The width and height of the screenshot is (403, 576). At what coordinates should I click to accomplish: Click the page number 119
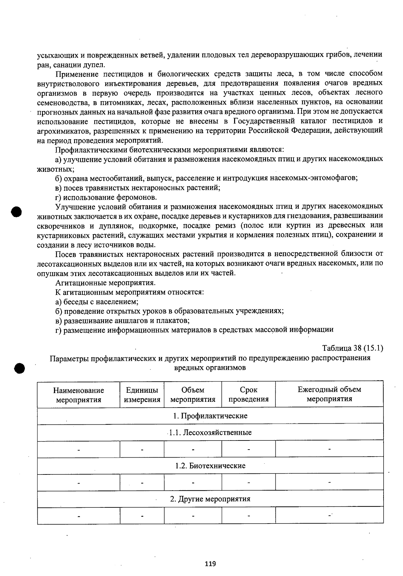tap(210, 564)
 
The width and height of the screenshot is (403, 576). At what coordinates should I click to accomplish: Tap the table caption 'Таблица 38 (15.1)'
tap(352, 348)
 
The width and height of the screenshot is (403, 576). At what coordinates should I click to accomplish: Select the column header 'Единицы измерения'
tap(142, 395)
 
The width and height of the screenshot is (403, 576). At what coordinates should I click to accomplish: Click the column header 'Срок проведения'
tap(249, 394)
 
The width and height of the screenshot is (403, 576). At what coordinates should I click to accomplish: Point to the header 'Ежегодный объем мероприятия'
tap(329, 394)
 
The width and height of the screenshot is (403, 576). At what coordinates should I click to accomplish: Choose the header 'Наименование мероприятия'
tap(79, 395)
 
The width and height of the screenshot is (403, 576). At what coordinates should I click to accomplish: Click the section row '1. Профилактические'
tap(210, 416)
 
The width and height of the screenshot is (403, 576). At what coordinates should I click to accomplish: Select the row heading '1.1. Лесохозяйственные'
tap(210, 432)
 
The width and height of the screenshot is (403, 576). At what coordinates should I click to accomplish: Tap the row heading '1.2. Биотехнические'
tap(210, 466)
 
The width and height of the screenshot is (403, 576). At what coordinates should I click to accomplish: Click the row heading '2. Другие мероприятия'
tap(210, 499)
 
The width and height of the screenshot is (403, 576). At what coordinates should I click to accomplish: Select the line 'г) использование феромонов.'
tap(106, 197)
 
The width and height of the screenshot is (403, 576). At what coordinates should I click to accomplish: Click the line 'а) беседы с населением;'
tap(97, 302)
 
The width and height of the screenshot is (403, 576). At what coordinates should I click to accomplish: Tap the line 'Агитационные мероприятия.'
tap(105, 283)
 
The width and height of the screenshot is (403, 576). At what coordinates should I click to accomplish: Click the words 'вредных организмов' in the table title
tap(210, 368)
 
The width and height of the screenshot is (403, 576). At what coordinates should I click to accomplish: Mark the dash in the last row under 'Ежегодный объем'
tap(329, 515)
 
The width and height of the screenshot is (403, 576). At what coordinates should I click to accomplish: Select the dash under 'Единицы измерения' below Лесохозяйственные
tap(142, 449)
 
